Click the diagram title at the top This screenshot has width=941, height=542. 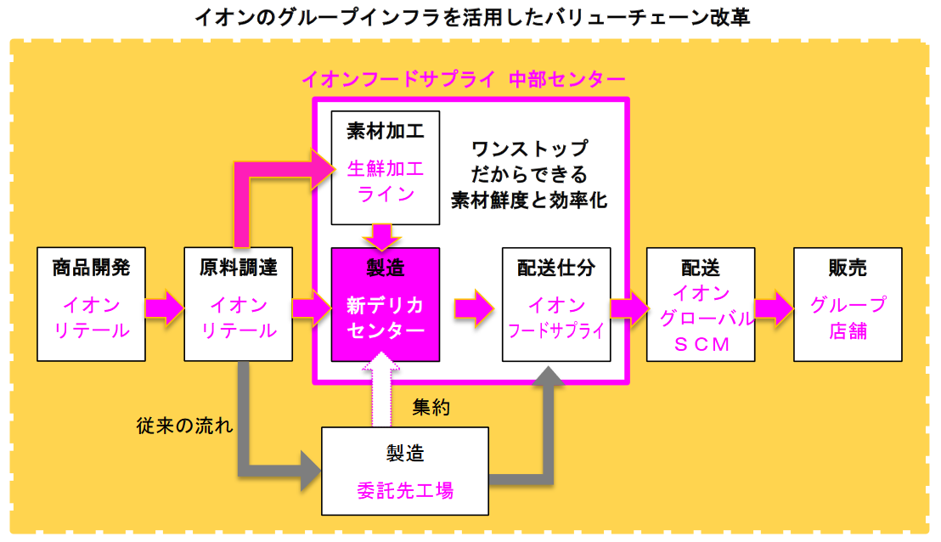[x=471, y=17]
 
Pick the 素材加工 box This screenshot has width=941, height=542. [x=385, y=167]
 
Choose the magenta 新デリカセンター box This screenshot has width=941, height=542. [x=385, y=303]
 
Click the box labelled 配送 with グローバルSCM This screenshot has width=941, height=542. [x=701, y=303]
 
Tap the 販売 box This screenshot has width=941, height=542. [x=847, y=303]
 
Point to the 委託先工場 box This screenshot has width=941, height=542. [x=405, y=471]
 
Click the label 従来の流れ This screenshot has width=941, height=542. [x=184, y=425]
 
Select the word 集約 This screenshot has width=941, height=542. [x=431, y=407]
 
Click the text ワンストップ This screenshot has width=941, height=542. [x=529, y=150]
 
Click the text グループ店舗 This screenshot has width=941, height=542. [x=847, y=317]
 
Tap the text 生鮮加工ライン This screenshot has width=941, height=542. [x=385, y=181]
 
